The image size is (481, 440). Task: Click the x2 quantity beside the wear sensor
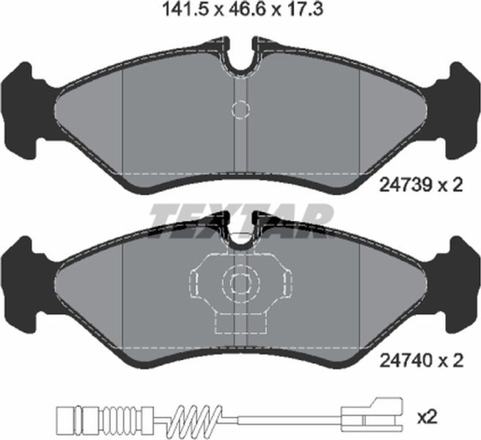point(427,417)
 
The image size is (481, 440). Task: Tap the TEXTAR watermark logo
point(240,219)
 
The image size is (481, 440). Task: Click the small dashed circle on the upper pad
point(240,109)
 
